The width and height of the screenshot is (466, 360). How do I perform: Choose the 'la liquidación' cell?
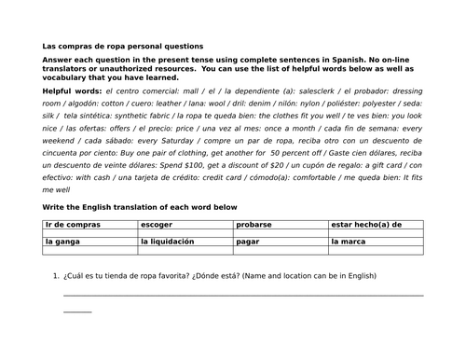167,242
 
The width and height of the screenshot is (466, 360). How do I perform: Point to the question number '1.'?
58,276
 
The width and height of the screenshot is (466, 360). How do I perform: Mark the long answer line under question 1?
242,296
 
